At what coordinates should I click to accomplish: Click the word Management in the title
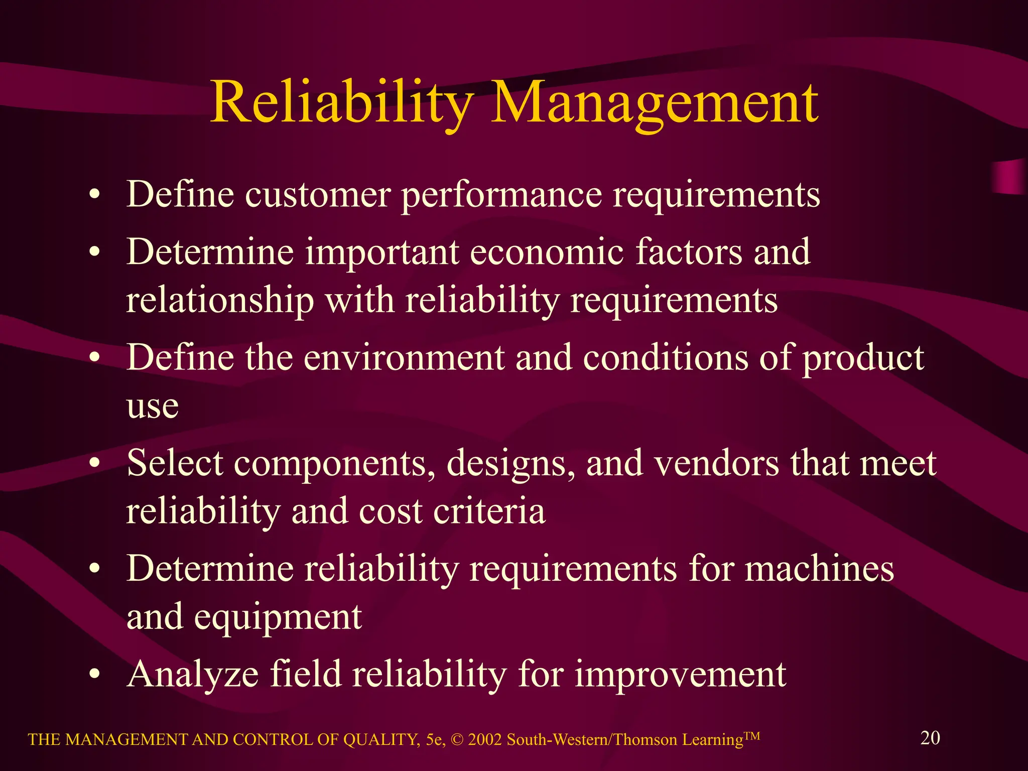(655, 103)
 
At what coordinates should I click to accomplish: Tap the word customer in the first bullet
(318, 195)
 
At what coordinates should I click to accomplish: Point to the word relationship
(220, 301)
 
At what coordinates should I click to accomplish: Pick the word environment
(404, 358)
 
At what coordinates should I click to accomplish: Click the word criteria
(489, 511)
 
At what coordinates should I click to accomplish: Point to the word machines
(819, 569)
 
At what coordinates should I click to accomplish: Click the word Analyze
(193, 674)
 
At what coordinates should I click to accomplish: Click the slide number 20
(930, 738)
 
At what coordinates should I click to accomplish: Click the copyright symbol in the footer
(457, 740)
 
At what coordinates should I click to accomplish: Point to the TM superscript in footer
(752, 736)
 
